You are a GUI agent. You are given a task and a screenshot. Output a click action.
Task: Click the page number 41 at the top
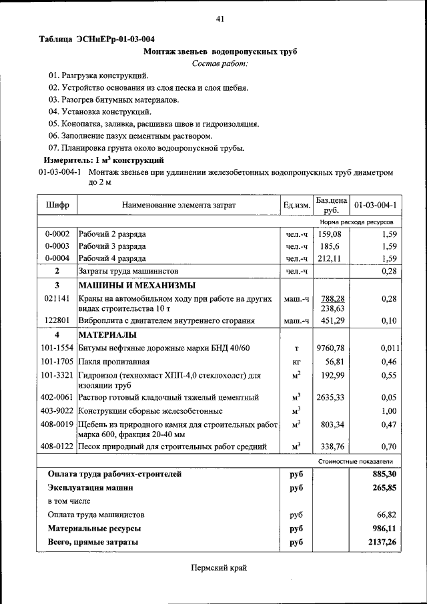pos(220,19)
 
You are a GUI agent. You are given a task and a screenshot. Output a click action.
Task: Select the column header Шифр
pos(57,205)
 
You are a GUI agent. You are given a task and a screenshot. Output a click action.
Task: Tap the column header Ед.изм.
pos(296,205)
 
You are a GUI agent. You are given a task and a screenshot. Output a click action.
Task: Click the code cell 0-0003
pos(57,246)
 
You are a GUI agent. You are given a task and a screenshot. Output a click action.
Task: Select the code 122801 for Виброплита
pos(57,321)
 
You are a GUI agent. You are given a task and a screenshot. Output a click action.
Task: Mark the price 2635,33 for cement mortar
pos(331,398)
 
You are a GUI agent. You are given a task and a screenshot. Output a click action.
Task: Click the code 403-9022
pos(57,411)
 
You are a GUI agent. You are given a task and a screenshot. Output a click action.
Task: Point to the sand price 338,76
pos(331,446)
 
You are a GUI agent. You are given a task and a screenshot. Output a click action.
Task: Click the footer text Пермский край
pos(219,567)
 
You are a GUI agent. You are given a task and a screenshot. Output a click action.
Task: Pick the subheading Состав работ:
pos(220,63)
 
